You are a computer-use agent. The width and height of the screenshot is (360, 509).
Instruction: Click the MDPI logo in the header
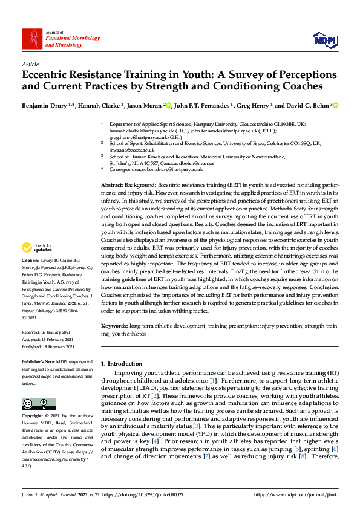(324, 40)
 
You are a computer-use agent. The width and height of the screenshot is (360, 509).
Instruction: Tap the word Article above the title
(30, 64)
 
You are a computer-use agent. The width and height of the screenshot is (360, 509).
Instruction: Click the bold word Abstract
(112, 184)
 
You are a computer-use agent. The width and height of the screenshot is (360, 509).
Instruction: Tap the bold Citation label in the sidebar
(31, 276)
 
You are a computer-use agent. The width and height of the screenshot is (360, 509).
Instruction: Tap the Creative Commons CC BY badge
(35, 403)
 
